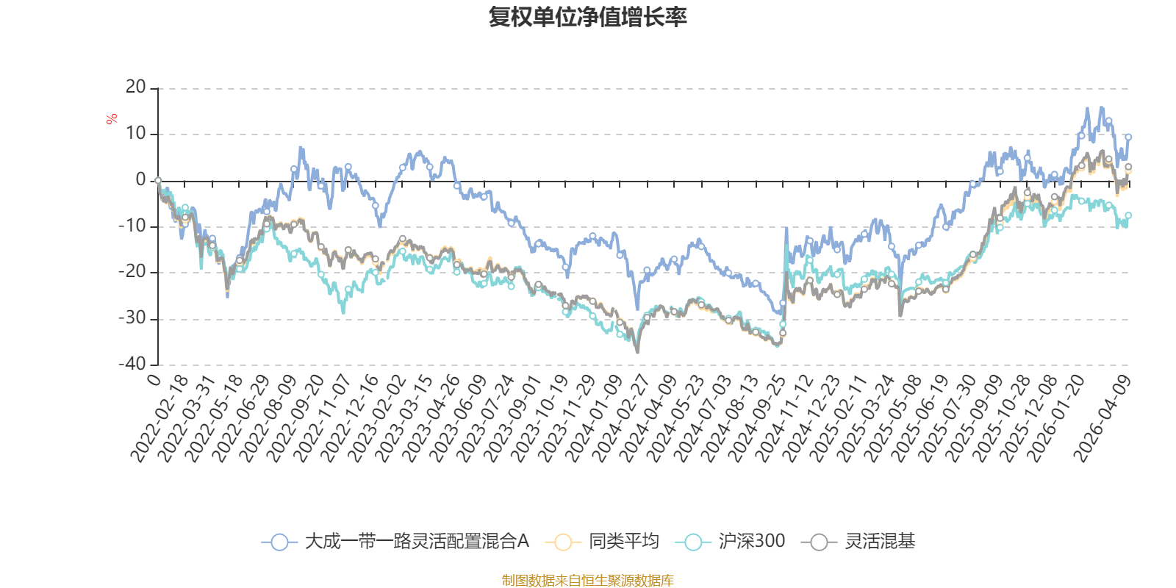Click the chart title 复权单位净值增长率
587,17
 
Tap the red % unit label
112,119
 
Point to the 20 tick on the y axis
136,87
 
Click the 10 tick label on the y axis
136,134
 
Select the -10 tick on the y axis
132,226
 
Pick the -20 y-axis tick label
132,272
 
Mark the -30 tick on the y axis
132,318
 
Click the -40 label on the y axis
132,364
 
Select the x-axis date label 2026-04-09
1102,417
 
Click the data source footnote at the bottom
587,581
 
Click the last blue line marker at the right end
1128,137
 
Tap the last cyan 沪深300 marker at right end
1128,215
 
